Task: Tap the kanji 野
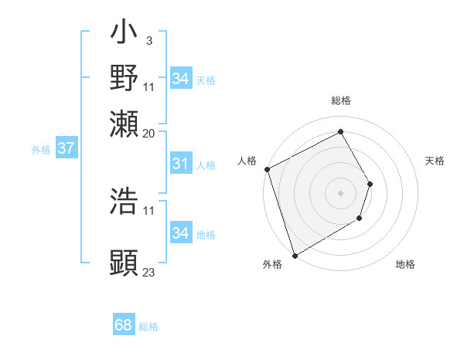(124, 77)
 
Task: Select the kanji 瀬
(124, 122)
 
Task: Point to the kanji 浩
(124, 201)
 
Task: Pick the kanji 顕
(124, 263)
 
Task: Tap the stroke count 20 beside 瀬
(149, 132)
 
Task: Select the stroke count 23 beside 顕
(149, 272)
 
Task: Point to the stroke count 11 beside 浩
(149, 210)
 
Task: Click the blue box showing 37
(66, 148)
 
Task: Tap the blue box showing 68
(123, 326)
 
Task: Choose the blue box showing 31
(180, 164)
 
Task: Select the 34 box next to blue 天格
(180, 79)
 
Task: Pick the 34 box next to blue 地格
(180, 233)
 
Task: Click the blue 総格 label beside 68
(148, 327)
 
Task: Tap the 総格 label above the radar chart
(340, 100)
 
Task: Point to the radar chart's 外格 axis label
(272, 265)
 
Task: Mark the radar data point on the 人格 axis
(267, 169)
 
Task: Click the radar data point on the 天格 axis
(370, 184)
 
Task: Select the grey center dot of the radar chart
(340, 192)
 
